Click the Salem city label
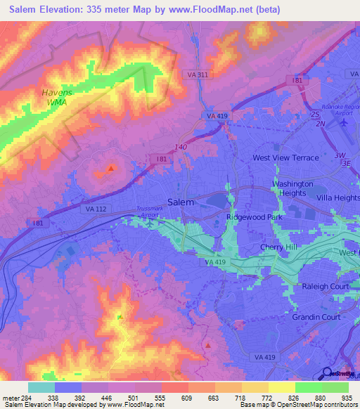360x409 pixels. tap(181, 202)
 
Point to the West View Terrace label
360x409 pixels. tap(285, 158)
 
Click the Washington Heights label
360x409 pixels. tap(292, 188)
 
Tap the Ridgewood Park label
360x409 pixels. tap(253, 218)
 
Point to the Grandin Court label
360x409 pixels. tap(316, 317)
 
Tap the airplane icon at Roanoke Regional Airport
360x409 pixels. tap(344, 122)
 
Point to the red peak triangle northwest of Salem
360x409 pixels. tap(110, 168)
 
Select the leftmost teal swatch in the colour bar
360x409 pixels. tap(41, 387)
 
